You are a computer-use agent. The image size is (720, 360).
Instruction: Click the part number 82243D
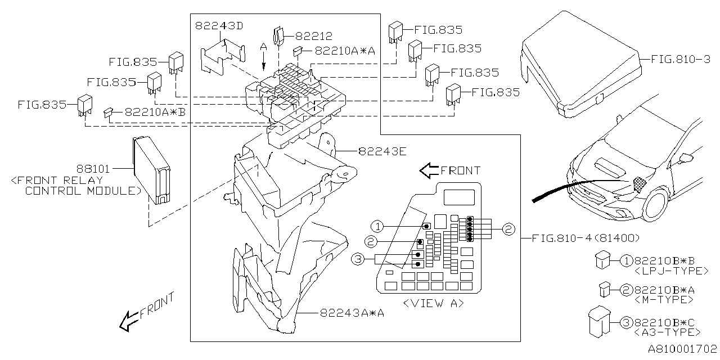219,26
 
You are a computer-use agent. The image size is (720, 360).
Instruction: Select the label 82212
313,36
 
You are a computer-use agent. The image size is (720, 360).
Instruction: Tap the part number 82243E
382,151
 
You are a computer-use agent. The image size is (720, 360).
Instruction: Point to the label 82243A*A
352,313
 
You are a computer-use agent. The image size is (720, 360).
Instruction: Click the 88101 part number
93,169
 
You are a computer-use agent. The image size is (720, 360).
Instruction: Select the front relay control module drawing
152,170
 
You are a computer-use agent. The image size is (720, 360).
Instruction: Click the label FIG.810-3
681,60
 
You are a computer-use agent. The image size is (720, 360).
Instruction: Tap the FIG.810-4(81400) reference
586,238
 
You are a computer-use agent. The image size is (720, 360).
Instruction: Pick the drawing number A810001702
682,349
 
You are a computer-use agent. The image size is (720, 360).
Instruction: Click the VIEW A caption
433,303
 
